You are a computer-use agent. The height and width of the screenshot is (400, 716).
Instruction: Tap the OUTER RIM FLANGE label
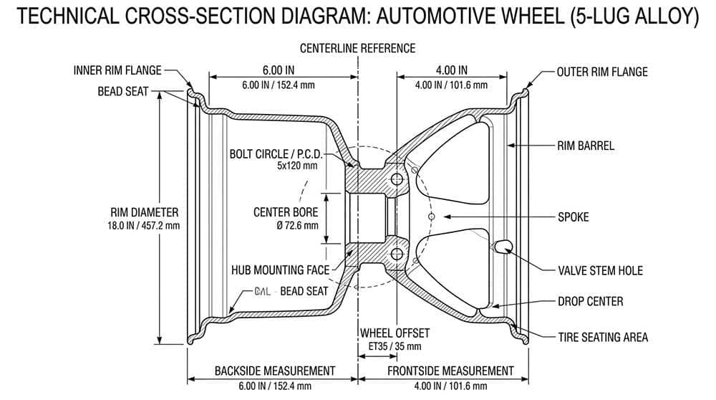[x=602, y=72]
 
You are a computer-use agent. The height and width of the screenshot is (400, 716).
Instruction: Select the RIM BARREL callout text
[x=586, y=146]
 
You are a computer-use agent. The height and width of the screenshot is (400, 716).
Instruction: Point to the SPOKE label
[x=573, y=216]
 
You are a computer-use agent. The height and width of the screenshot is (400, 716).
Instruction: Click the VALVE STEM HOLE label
[x=600, y=270]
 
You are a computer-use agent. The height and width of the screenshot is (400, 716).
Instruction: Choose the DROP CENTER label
[x=590, y=301]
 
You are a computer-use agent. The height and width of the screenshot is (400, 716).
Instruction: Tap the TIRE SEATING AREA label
[x=603, y=337]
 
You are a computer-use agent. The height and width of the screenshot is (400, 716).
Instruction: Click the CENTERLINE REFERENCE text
[x=357, y=49]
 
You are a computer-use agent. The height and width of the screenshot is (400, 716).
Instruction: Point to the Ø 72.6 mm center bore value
[x=286, y=225]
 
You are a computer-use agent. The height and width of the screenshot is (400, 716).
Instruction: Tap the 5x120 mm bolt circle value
[x=296, y=166]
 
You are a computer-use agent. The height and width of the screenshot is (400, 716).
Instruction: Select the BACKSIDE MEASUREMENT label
[x=275, y=371]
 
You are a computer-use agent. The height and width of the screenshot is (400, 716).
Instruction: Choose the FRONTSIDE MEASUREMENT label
[x=450, y=371]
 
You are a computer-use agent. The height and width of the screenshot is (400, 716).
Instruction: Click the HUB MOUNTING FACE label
[x=279, y=270]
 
